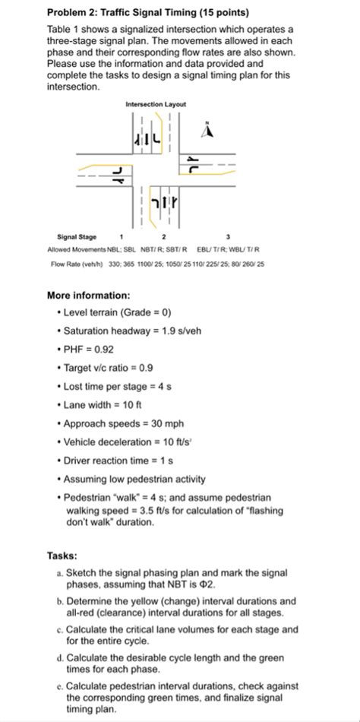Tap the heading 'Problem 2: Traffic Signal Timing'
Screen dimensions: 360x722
coord(147,13)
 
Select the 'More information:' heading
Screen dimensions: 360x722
coord(88,295)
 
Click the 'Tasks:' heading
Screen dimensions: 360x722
coord(62,556)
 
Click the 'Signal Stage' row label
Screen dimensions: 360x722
coord(76,237)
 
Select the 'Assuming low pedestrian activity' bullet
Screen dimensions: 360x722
coord(140,479)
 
